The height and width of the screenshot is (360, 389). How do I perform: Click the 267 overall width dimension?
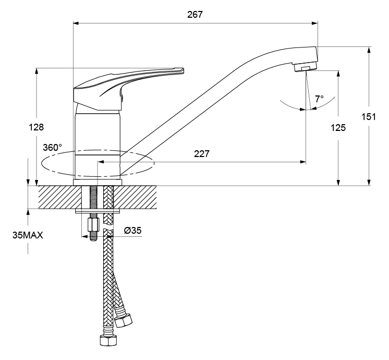point(194,15)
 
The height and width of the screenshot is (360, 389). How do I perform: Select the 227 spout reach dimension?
point(201,154)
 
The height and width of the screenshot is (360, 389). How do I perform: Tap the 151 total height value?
point(369,116)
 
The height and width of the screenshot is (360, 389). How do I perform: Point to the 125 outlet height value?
point(338,128)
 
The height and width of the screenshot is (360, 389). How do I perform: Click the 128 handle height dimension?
point(36,127)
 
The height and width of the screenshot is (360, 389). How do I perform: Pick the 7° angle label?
point(320,99)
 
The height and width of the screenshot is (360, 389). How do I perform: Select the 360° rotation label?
point(52,148)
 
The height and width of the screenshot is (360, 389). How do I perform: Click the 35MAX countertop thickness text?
point(28,235)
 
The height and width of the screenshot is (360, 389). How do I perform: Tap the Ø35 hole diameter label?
point(133,231)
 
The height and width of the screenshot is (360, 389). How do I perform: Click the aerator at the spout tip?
point(306,67)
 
